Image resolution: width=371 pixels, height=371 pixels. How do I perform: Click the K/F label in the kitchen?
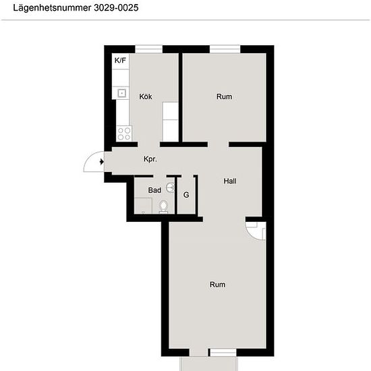(x=120, y=60)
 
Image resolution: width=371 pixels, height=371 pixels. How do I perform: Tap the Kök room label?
(x=146, y=96)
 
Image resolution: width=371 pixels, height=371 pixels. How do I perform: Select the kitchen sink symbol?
(x=121, y=93)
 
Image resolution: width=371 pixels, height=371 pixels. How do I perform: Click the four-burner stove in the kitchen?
(x=124, y=134)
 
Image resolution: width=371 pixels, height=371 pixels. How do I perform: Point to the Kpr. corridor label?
(x=150, y=159)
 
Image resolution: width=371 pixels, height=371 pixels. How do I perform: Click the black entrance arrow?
(x=102, y=162)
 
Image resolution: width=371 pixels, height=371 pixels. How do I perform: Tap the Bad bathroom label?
(x=154, y=190)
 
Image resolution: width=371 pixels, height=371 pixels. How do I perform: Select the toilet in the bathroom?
(x=163, y=206)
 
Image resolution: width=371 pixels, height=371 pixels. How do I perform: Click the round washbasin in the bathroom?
(x=170, y=188)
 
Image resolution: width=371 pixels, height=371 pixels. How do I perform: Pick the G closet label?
(x=186, y=195)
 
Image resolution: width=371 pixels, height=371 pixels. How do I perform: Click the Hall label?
(x=230, y=181)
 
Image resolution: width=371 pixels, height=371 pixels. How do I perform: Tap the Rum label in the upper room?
(x=224, y=96)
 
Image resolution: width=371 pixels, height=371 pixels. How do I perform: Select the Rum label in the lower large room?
(x=217, y=285)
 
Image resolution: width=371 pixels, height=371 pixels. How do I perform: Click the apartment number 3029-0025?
(x=116, y=8)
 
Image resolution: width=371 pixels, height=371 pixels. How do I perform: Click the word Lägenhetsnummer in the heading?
(x=52, y=8)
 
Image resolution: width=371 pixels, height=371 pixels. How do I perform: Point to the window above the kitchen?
(x=149, y=49)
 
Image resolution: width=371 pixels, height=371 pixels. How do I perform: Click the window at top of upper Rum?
(x=225, y=49)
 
